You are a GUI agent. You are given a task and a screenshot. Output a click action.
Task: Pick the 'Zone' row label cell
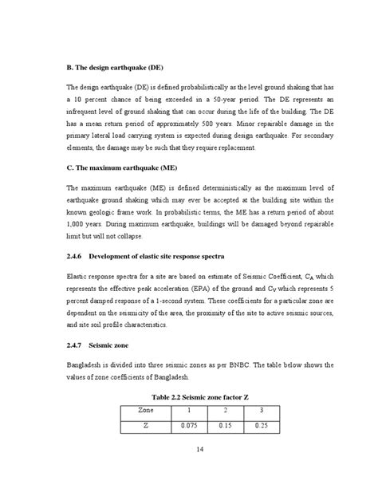tap(146, 409)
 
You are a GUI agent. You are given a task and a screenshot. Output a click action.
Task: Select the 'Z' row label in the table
tap(146, 425)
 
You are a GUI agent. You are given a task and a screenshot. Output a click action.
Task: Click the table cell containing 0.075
tap(189, 425)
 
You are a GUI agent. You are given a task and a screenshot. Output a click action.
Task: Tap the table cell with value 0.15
tap(226, 425)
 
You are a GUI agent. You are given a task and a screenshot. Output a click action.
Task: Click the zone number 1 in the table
tap(189, 409)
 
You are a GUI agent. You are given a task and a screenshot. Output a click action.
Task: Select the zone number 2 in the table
tap(226, 409)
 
